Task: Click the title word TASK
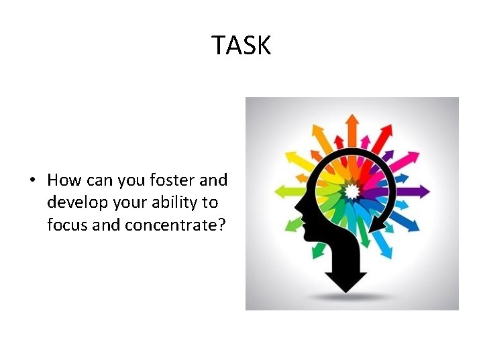point(241,46)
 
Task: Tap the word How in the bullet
point(64,180)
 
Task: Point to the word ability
point(176,202)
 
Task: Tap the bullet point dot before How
point(32,181)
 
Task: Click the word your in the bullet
point(129,202)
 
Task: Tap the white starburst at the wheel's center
point(352,192)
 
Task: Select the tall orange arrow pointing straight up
point(352,127)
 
